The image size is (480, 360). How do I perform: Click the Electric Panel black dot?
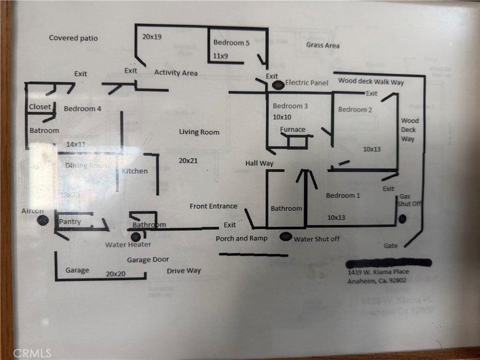[x=278, y=85]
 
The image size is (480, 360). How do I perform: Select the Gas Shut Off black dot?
[x=402, y=218]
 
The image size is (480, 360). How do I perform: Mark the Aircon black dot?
[x=42, y=220]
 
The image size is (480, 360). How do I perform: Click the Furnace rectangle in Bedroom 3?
[x=297, y=142]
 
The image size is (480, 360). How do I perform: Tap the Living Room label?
[x=199, y=132]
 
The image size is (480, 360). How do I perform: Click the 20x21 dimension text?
[x=188, y=160]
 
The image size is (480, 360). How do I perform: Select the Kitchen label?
[x=135, y=171]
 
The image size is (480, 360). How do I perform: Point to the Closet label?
[x=40, y=107]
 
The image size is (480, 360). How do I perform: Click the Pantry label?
[x=70, y=222]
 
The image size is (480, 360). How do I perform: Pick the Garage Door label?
[x=148, y=259]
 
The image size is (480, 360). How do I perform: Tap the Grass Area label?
[x=323, y=45]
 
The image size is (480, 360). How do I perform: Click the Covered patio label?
[x=74, y=38]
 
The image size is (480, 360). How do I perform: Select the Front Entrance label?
[x=213, y=206]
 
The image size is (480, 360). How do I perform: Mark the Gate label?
[x=390, y=246]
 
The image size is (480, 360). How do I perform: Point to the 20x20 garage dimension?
[x=115, y=274]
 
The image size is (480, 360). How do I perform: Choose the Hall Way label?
[x=259, y=163]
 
